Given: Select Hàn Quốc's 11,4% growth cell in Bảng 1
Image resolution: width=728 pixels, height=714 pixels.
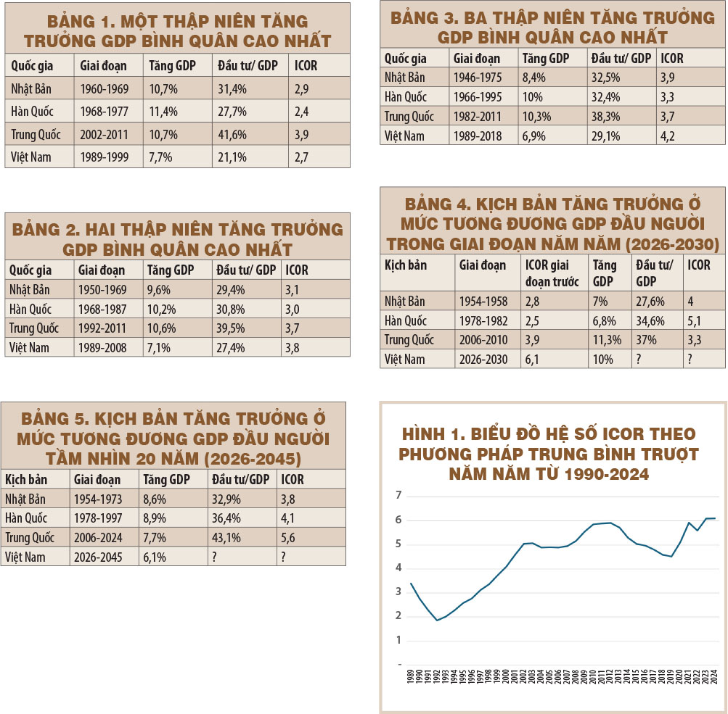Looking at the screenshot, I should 160,112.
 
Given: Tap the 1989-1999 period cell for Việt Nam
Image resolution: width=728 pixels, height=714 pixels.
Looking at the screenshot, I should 102,156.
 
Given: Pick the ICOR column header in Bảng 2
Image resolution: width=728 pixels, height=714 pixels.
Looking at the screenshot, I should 297,270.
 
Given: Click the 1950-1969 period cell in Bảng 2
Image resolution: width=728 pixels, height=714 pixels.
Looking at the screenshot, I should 102,289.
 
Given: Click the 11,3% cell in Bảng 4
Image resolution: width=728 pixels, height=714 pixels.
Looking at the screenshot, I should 605,339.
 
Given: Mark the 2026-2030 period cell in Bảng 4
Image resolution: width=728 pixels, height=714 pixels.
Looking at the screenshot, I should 483,359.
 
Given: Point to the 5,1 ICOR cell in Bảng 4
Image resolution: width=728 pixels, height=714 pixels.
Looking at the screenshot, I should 695,320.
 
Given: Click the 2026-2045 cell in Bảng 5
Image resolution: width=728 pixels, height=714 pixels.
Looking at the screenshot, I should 98,557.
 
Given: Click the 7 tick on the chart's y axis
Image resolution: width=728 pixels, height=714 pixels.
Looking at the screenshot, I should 397,496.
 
